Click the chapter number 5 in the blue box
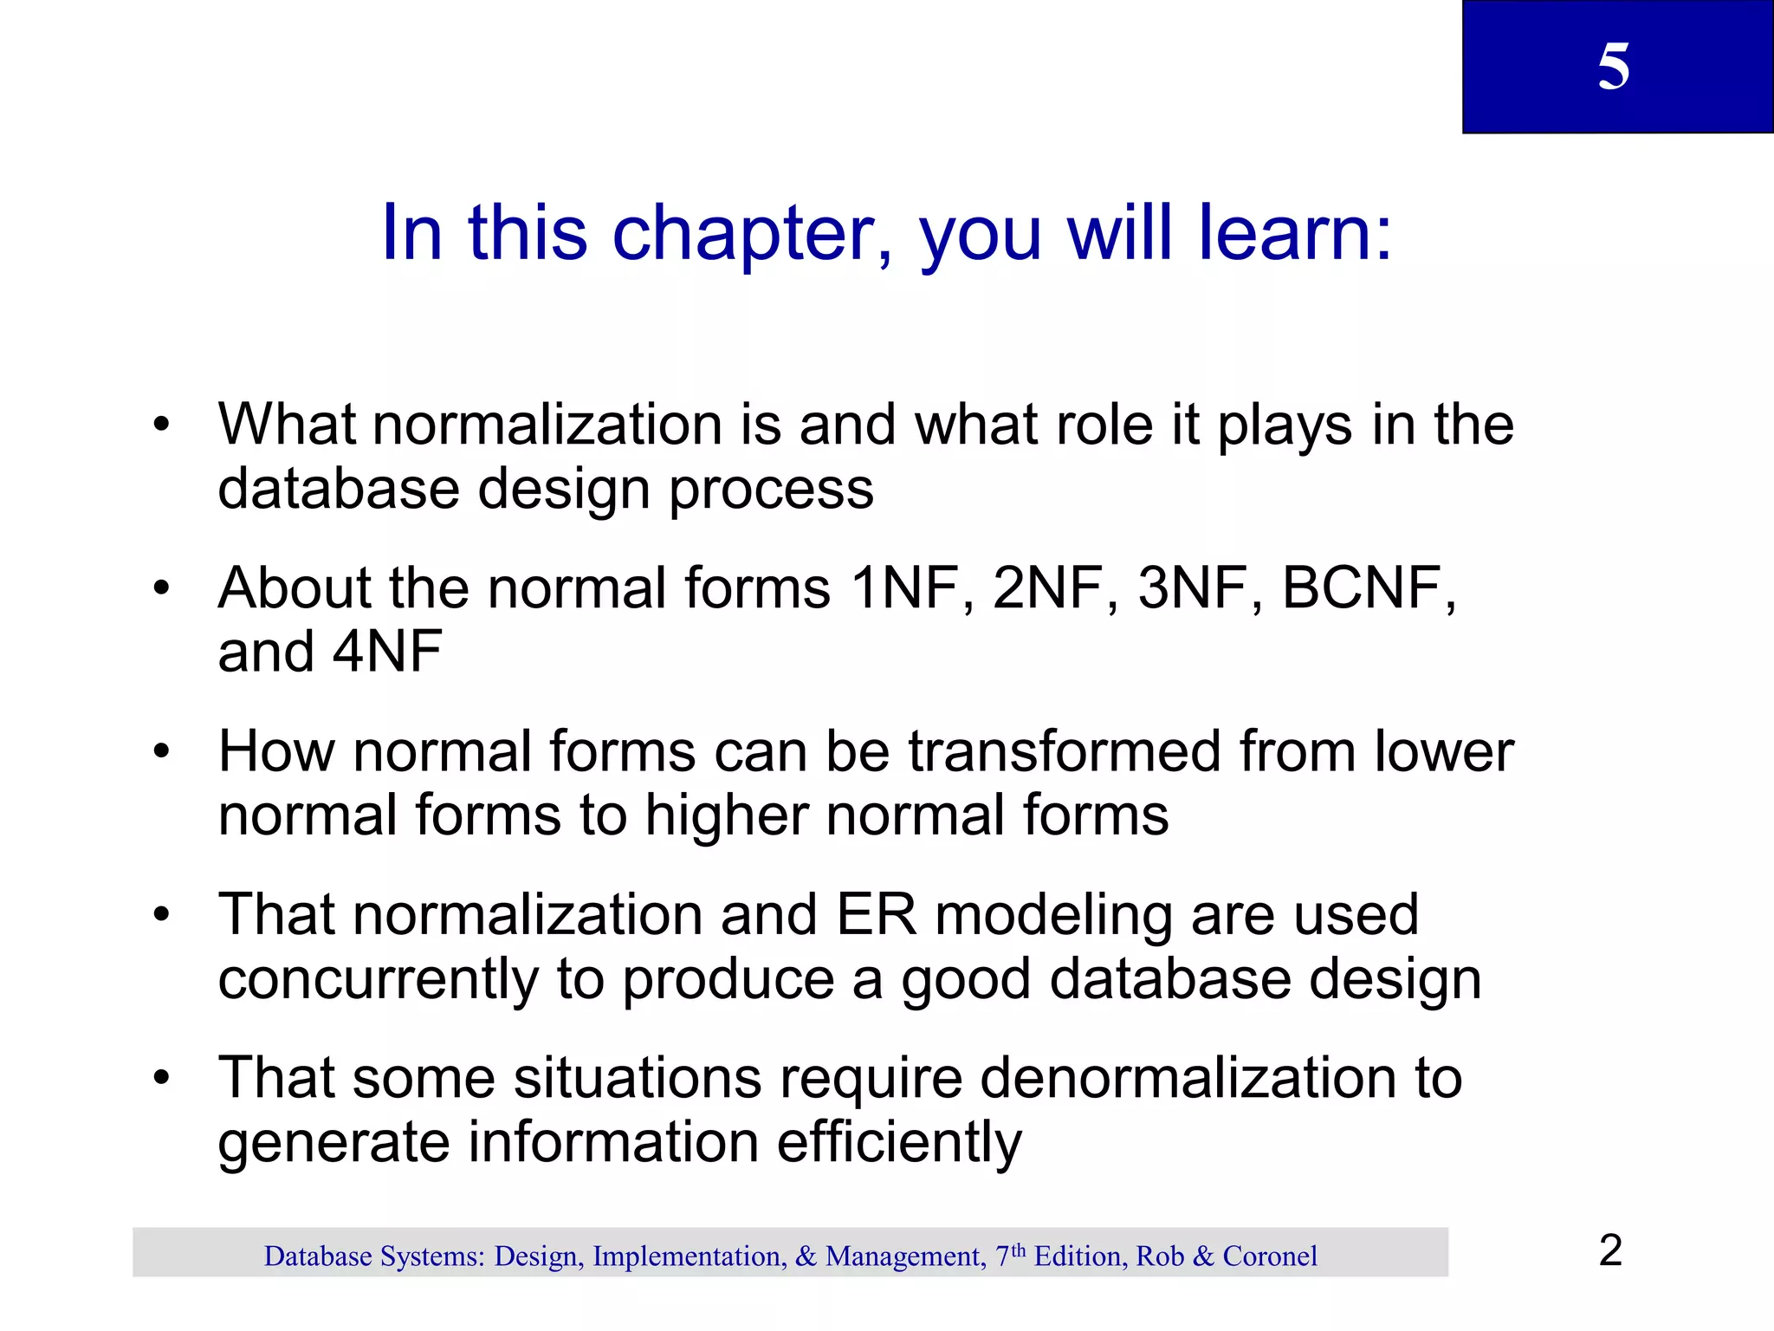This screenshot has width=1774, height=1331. coord(1613,67)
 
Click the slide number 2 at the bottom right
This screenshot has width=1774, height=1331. coord(1610,1250)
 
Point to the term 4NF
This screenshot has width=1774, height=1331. coord(387,653)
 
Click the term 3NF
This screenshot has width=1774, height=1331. coord(1194,588)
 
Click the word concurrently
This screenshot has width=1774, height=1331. coord(379,979)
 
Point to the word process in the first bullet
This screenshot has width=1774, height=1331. coord(771,490)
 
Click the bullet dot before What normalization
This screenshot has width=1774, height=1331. coord(161,425)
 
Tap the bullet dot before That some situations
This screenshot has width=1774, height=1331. coord(161,1079)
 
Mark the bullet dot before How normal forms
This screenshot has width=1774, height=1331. coord(161,751)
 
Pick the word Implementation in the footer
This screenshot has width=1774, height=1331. coord(690,1256)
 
